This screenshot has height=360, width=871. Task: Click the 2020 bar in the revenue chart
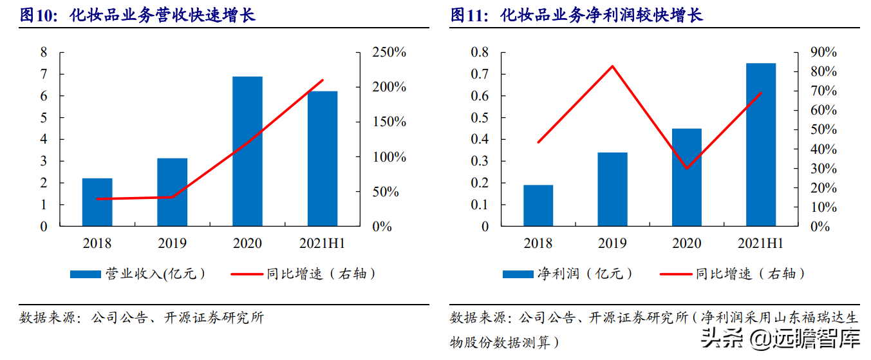(247, 151)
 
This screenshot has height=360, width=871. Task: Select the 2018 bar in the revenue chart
(97, 202)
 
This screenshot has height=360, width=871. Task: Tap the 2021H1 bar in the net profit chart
(761, 145)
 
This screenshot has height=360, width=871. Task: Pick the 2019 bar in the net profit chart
(612, 189)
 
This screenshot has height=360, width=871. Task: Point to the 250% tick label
(389, 52)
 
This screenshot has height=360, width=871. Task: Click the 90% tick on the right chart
(823, 52)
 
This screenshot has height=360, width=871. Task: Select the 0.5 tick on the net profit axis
(480, 118)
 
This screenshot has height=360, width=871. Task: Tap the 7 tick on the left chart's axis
(44, 74)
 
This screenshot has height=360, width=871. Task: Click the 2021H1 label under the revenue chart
(322, 243)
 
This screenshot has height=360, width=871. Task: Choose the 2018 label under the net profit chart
(538, 243)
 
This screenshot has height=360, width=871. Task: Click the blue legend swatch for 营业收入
(86, 274)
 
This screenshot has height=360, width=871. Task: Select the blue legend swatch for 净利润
(518, 274)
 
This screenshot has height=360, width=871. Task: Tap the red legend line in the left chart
(247, 274)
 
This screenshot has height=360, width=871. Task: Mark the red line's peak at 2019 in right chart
(612, 66)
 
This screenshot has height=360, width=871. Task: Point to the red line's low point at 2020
(687, 169)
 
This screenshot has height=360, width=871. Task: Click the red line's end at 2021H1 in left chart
(323, 80)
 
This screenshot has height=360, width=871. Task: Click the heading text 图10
(37, 15)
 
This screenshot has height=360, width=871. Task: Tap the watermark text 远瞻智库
(816, 338)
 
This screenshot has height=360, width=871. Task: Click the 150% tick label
(389, 122)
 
